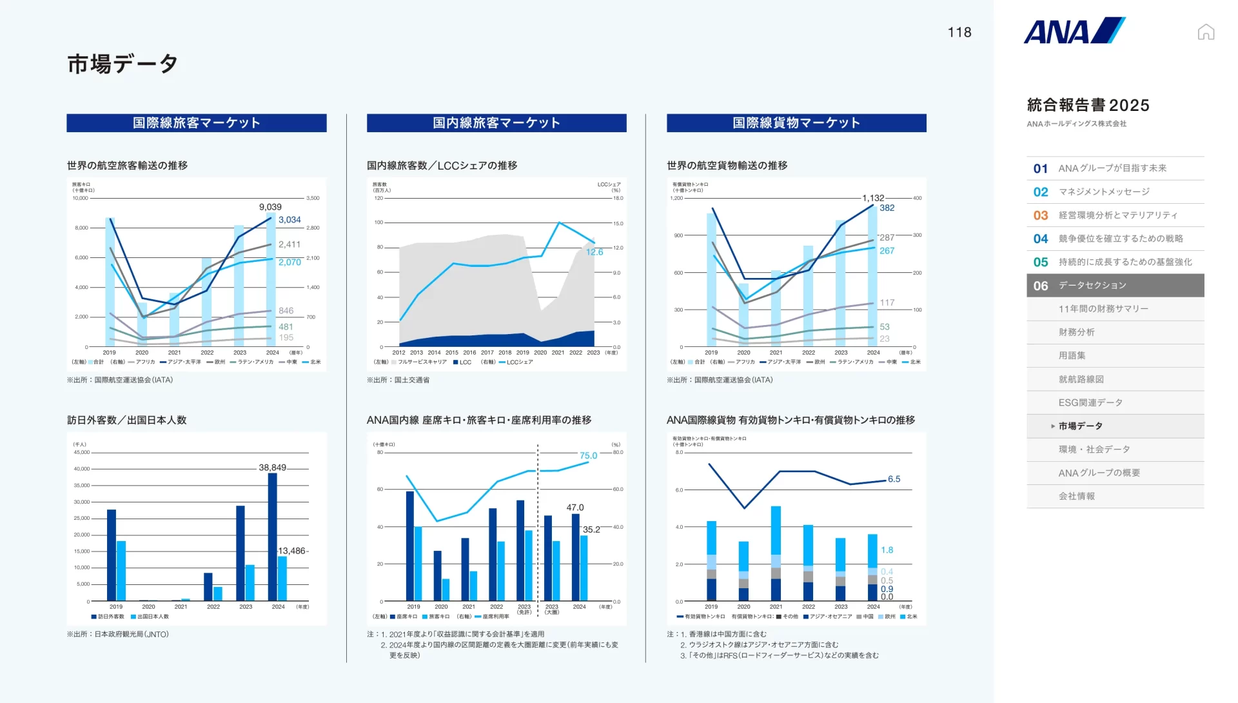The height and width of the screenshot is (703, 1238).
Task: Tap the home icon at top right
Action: tap(1206, 32)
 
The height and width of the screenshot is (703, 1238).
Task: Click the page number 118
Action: tap(959, 32)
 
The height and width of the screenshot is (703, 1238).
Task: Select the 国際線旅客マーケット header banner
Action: tap(197, 123)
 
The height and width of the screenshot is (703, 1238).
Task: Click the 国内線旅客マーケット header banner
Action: tap(496, 123)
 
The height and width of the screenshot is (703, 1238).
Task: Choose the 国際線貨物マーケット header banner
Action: tap(796, 123)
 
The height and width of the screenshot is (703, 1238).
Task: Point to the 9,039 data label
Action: tap(270, 207)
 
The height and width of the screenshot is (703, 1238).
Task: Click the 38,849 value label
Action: tap(272, 468)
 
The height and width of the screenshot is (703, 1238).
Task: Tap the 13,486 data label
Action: tap(291, 551)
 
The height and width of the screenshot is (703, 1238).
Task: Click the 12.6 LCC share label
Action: tap(594, 252)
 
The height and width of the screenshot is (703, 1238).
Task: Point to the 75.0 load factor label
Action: tap(588, 455)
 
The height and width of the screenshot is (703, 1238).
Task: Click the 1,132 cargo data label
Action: tap(873, 198)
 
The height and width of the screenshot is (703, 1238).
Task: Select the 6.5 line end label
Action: tap(894, 479)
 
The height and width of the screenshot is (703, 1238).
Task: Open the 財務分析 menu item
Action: tap(1076, 332)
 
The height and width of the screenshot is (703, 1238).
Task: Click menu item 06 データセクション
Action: tap(1115, 286)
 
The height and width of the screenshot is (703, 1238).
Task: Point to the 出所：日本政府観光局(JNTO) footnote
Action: tap(118, 635)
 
